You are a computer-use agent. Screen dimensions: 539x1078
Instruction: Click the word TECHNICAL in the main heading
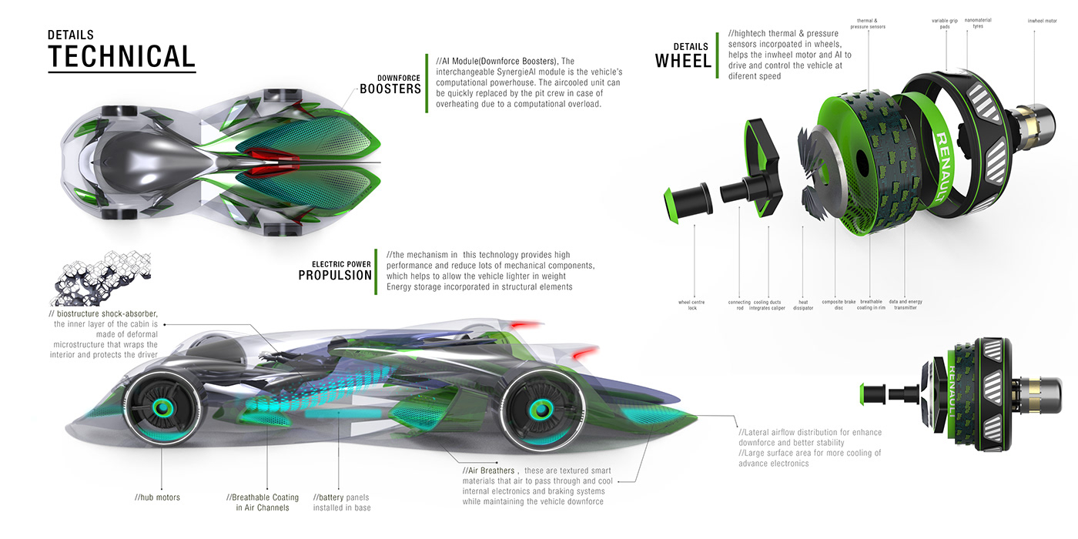pos(122,57)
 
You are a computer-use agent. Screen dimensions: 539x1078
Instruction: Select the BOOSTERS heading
pos(390,89)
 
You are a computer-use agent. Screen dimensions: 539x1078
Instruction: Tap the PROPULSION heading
pos(335,275)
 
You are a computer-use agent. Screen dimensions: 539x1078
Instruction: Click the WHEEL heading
pos(683,60)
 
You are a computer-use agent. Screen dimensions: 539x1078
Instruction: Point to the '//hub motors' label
pos(157,497)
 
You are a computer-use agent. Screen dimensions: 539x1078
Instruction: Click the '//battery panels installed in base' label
pos(342,502)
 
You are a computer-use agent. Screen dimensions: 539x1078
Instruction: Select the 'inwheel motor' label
pos(1042,21)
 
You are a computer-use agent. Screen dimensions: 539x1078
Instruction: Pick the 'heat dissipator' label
pos(802,305)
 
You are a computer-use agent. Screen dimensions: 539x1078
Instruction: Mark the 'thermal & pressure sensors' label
pos(868,23)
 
